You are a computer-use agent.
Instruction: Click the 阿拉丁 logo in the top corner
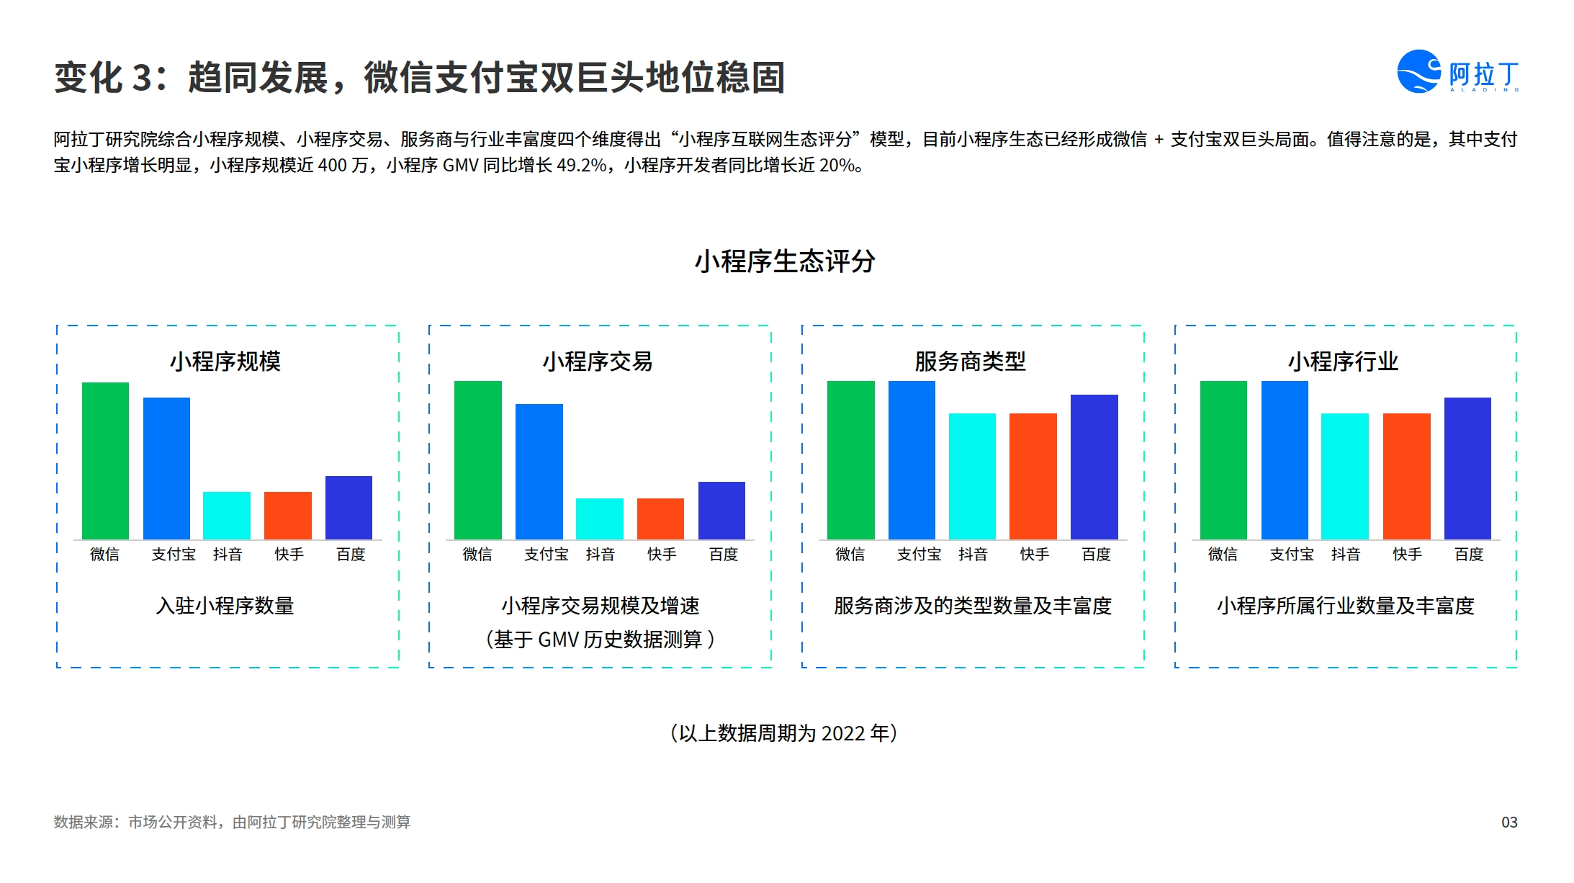click(x=1458, y=71)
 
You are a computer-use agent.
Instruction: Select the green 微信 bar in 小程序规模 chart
click(x=105, y=461)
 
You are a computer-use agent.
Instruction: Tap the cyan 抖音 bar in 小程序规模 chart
click(x=227, y=516)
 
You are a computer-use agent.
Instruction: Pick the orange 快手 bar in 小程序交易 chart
click(x=660, y=519)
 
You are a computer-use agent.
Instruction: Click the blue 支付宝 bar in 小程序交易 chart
click(x=539, y=472)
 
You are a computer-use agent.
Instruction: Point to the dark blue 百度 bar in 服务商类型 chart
click(x=1094, y=467)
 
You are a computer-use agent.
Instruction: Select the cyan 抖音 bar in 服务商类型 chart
click(x=972, y=476)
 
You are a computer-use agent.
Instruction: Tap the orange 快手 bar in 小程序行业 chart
click(x=1407, y=476)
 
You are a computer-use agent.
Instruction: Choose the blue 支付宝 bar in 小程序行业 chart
click(x=1285, y=460)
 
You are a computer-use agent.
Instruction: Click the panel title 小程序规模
click(x=225, y=361)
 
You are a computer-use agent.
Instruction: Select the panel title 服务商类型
click(x=971, y=361)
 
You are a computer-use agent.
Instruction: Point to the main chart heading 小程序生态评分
click(x=785, y=261)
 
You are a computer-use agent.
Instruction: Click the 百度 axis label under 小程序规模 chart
click(x=351, y=554)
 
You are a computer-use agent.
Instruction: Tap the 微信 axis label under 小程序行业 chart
click(x=1223, y=554)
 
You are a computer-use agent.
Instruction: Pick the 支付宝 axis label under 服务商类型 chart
click(x=919, y=554)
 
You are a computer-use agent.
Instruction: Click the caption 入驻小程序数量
click(x=225, y=606)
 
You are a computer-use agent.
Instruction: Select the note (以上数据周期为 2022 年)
click(x=784, y=733)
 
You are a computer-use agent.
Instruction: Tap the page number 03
click(x=1509, y=823)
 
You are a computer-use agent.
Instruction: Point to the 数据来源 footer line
click(x=232, y=822)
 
